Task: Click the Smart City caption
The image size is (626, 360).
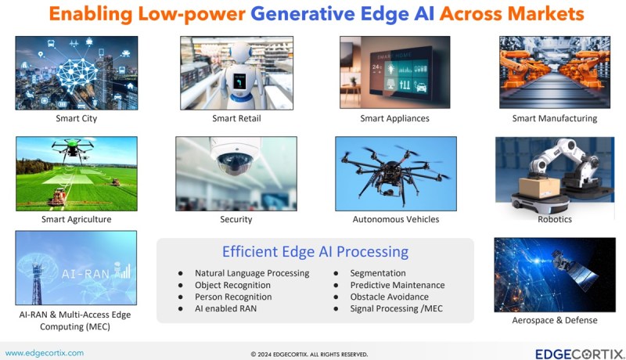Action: pyautogui.click(x=76, y=118)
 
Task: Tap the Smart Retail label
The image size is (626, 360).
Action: pyautogui.click(x=236, y=118)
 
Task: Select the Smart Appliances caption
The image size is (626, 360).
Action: pyautogui.click(x=394, y=118)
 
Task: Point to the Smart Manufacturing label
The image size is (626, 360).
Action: pyautogui.click(x=555, y=118)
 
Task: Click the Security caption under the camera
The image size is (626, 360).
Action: pyautogui.click(x=236, y=219)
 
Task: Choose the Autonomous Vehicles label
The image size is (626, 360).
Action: pyautogui.click(x=396, y=219)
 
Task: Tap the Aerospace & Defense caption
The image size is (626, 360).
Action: pyautogui.click(x=555, y=320)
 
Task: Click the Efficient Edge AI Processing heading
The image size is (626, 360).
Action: pyautogui.click(x=315, y=252)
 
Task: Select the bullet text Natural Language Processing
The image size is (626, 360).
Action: pyautogui.click(x=252, y=273)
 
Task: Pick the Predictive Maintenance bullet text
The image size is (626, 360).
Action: pyautogui.click(x=398, y=285)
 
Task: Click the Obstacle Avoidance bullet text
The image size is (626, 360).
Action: pyautogui.click(x=389, y=297)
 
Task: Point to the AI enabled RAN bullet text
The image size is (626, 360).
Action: pyautogui.click(x=225, y=308)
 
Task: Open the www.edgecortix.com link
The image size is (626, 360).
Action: pyautogui.click(x=45, y=353)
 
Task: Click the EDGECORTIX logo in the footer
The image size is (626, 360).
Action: pyautogui.click(x=580, y=354)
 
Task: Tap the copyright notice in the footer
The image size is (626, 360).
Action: pyautogui.click(x=309, y=355)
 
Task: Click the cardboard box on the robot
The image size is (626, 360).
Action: pyautogui.click(x=539, y=187)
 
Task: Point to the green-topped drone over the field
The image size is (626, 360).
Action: pyautogui.click(x=72, y=149)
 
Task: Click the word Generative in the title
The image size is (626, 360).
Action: pyautogui.click(x=302, y=13)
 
